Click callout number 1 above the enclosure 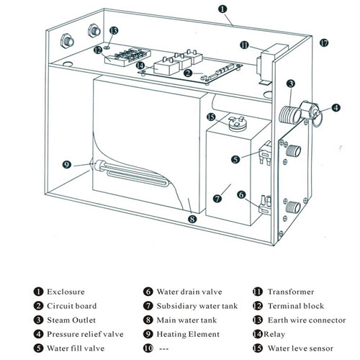[x=222, y=9]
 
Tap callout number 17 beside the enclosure [x=324, y=43]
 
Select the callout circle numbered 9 [x=67, y=165]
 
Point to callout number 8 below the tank [x=192, y=219]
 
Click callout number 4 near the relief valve [x=336, y=107]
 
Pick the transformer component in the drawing [x=271, y=63]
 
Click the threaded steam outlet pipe [x=290, y=114]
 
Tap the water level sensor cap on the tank [x=238, y=123]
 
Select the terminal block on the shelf [x=127, y=56]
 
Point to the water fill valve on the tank [x=266, y=153]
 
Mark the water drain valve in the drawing [x=265, y=204]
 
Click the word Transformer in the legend [x=291, y=292]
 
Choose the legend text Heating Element [x=188, y=334]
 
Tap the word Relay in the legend [x=274, y=334]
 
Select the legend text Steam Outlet [x=71, y=320]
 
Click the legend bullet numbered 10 [x=148, y=348]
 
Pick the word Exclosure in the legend [x=66, y=292]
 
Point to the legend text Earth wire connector [x=307, y=320]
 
